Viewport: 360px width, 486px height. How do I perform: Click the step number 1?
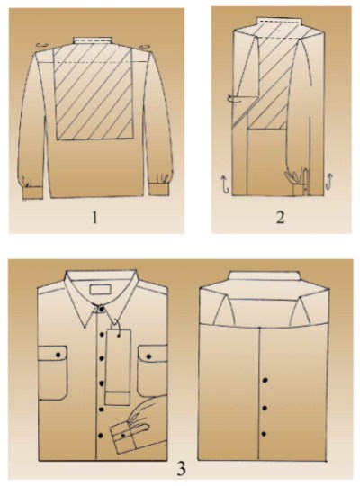[x=94, y=217]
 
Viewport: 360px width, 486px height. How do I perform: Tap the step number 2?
[x=280, y=217]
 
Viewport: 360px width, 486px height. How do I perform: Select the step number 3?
[x=181, y=468]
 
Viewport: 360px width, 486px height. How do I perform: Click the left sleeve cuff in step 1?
[x=33, y=193]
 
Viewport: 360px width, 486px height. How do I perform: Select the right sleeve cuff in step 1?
[x=159, y=190]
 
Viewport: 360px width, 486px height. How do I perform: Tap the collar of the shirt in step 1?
[x=92, y=40]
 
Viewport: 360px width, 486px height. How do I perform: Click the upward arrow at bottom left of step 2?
[x=225, y=184]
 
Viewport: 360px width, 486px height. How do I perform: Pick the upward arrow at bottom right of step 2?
[x=329, y=182]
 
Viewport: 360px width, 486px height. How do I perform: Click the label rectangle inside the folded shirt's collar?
[x=100, y=289]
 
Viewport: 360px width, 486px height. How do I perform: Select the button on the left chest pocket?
[x=58, y=355]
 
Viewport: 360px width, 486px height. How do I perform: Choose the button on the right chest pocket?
[x=148, y=356]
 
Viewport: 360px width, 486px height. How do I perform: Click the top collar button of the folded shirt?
[x=102, y=309]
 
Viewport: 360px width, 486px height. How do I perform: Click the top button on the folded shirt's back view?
[x=265, y=380]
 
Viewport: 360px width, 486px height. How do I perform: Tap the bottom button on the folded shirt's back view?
[x=264, y=434]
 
